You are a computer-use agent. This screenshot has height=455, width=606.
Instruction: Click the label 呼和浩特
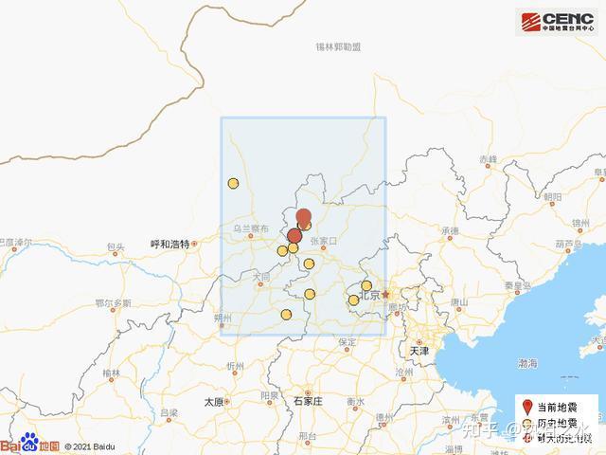(170, 244)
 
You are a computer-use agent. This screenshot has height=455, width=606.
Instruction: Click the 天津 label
(419, 351)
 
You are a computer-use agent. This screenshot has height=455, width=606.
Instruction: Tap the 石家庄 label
(309, 401)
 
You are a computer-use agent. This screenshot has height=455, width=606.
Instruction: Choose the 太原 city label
(213, 401)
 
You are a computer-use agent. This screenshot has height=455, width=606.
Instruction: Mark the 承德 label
(449, 230)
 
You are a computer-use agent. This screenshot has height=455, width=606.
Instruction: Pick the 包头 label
(116, 247)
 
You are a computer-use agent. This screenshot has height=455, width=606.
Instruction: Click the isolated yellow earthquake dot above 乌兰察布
(232, 184)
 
